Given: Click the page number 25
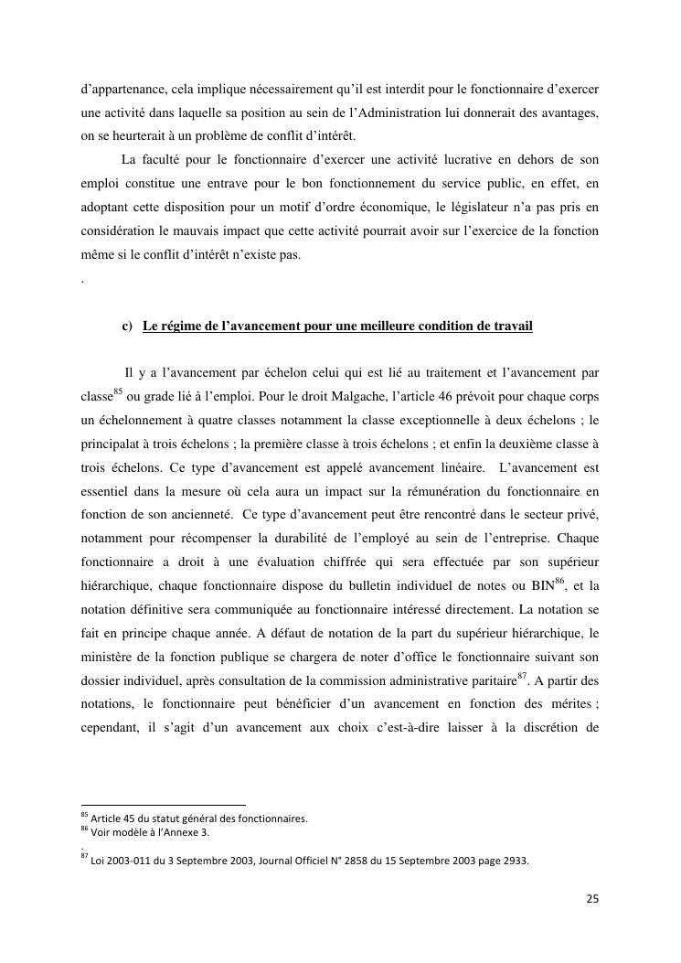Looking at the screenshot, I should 592,899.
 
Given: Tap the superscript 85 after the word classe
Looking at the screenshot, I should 118,392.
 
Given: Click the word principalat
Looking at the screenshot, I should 109,444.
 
